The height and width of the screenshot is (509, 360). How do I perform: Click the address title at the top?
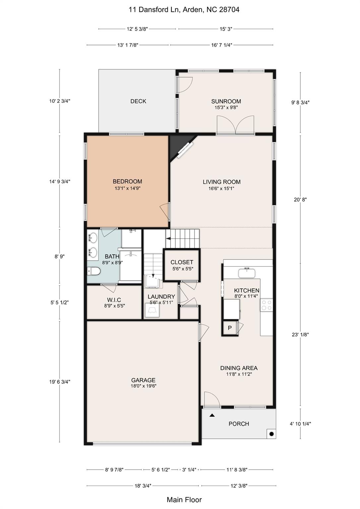tap(184, 10)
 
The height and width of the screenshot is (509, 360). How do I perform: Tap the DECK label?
tap(138, 101)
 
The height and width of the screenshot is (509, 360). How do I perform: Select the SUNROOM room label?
tap(226, 101)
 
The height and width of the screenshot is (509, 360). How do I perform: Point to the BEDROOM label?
tap(127, 182)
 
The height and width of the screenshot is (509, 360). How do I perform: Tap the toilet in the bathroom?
tap(93, 271)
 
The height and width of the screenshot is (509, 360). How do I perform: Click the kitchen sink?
tap(247, 273)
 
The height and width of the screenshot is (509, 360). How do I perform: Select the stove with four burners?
tap(267, 305)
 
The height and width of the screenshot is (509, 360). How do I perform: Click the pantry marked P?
tap(230, 328)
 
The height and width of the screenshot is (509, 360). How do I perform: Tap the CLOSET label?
tap(182, 262)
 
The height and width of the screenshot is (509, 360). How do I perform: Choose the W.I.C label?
tap(114, 300)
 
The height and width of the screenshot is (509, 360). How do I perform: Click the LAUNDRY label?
tap(161, 297)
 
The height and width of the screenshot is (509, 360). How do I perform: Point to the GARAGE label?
tap(143, 380)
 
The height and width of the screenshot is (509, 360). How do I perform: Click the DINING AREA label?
tap(239, 368)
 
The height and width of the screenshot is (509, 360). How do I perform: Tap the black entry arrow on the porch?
tap(212, 415)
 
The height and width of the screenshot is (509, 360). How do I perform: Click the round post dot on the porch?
tap(271, 434)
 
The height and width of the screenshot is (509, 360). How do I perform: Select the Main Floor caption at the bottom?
tap(184, 500)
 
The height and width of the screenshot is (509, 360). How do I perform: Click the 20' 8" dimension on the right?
tap(300, 199)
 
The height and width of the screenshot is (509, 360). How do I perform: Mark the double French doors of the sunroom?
tap(235, 125)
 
